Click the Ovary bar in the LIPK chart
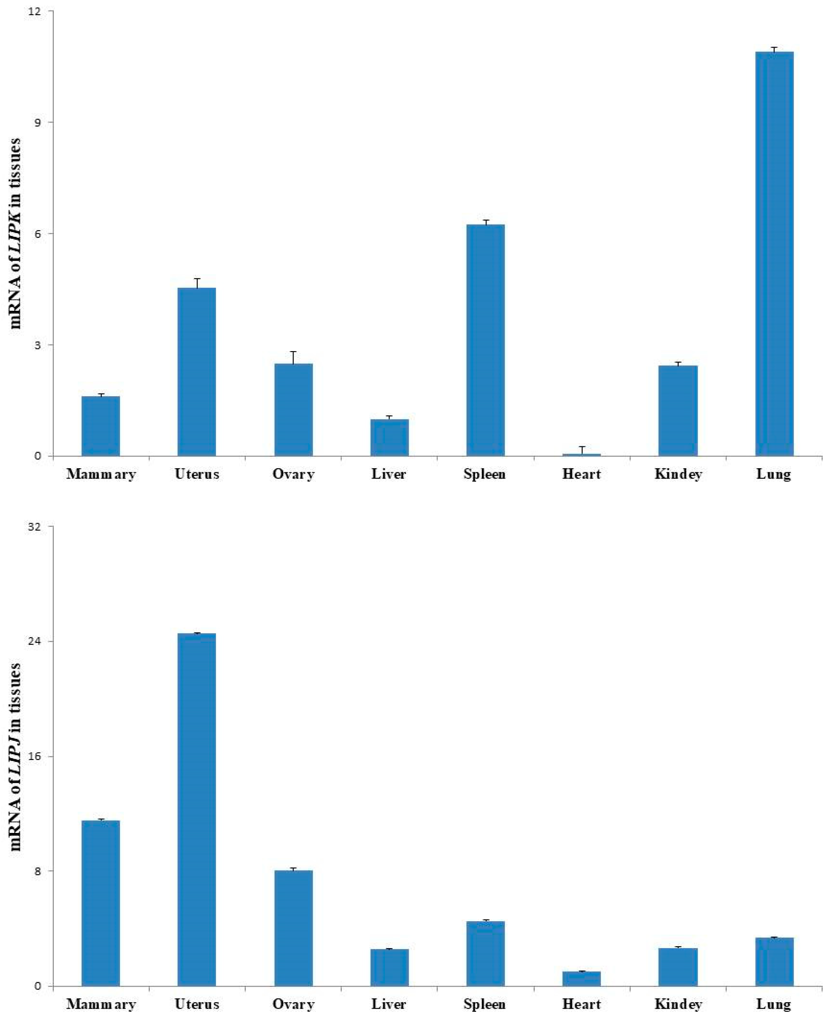tap(293, 410)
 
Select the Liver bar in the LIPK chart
tap(389, 438)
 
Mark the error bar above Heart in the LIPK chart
tap(581, 450)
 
